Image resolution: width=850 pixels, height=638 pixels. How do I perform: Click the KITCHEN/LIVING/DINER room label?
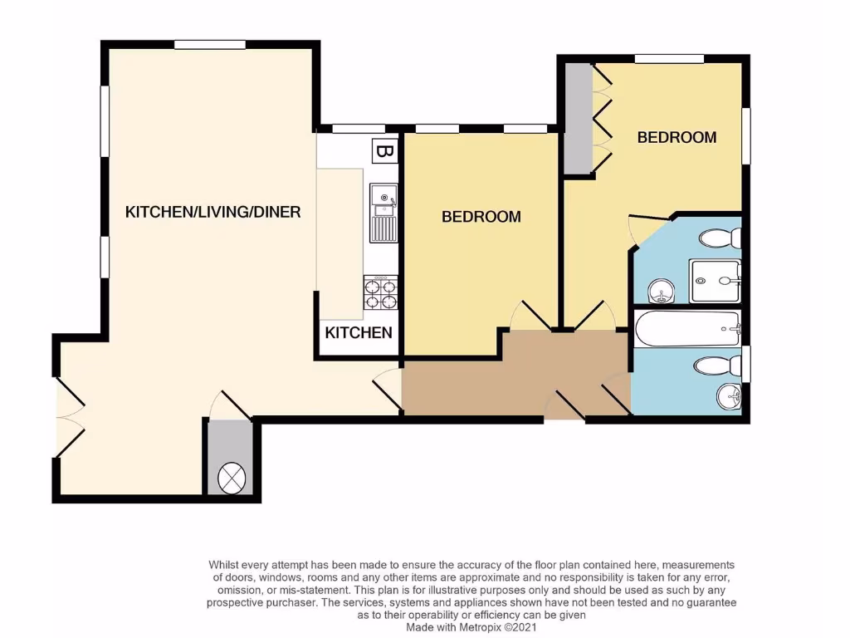212,213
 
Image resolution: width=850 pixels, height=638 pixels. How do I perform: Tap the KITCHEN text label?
358,333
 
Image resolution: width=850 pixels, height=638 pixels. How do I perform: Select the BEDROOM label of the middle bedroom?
481,217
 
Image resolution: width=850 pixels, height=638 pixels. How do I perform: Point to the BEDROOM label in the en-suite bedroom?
677,138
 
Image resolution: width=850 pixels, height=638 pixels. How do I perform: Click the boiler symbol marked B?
383,151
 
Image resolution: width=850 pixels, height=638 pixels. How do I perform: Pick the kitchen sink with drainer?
383,212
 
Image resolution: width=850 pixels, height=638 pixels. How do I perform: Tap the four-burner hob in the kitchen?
381,292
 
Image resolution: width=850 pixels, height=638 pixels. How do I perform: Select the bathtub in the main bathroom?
686,331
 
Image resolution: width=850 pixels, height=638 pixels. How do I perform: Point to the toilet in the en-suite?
720,239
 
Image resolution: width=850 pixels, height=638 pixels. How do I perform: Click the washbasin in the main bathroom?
728,397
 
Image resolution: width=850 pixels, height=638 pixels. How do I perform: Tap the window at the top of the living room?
209,44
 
